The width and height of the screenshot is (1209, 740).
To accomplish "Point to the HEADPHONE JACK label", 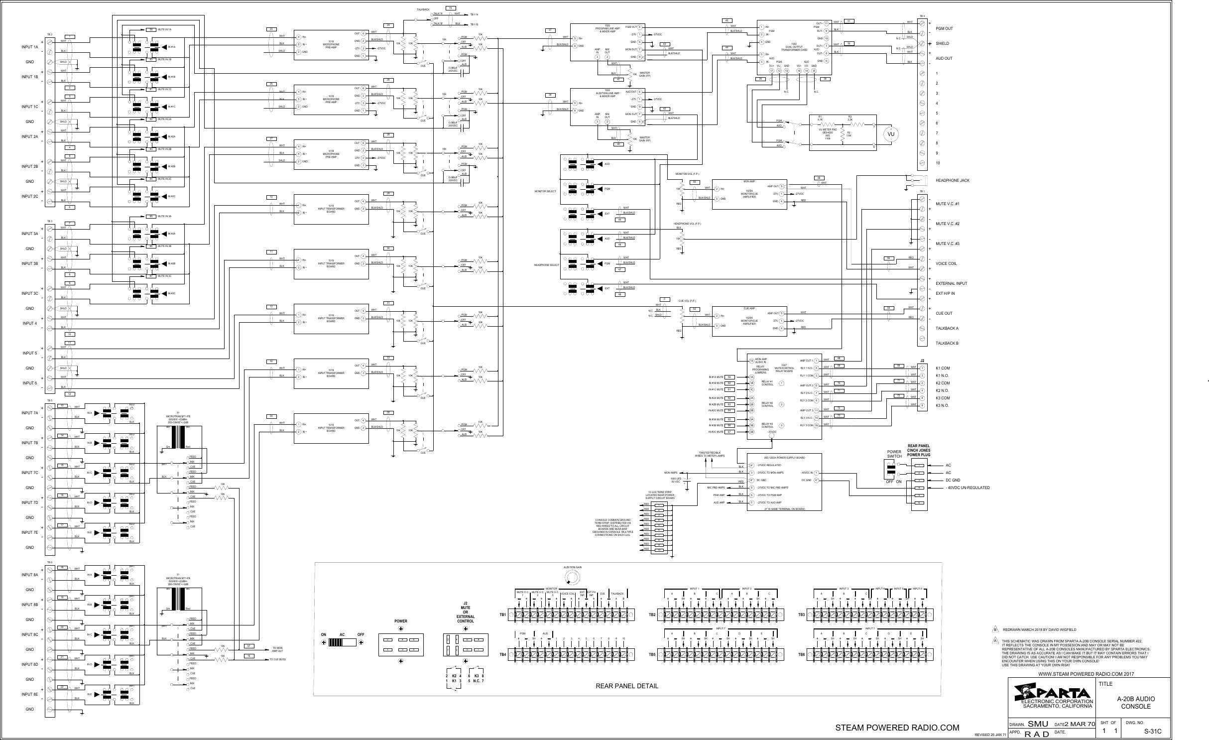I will [x=952, y=180].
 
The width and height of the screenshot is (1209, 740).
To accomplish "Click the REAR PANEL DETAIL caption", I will [x=627, y=686].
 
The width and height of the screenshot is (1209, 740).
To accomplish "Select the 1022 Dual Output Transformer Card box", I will [x=794, y=47].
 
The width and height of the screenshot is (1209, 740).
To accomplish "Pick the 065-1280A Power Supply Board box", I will [x=784, y=482].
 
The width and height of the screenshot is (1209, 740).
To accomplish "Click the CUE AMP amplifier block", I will [x=749, y=321].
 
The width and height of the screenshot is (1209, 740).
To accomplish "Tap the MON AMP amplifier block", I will [x=749, y=194].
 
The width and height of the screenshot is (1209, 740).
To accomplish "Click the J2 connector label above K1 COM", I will [x=922, y=361].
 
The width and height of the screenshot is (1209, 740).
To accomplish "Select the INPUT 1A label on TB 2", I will [x=29, y=47].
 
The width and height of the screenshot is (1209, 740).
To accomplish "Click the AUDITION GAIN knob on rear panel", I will [x=572, y=578].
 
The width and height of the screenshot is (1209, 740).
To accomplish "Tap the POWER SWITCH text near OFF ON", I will [x=894, y=454].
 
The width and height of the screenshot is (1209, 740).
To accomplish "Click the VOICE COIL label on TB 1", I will [x=947, y=263].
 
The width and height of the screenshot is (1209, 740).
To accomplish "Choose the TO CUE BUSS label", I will [x=277, y=659].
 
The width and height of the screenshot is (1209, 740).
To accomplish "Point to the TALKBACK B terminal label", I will [x=947, y=343].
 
